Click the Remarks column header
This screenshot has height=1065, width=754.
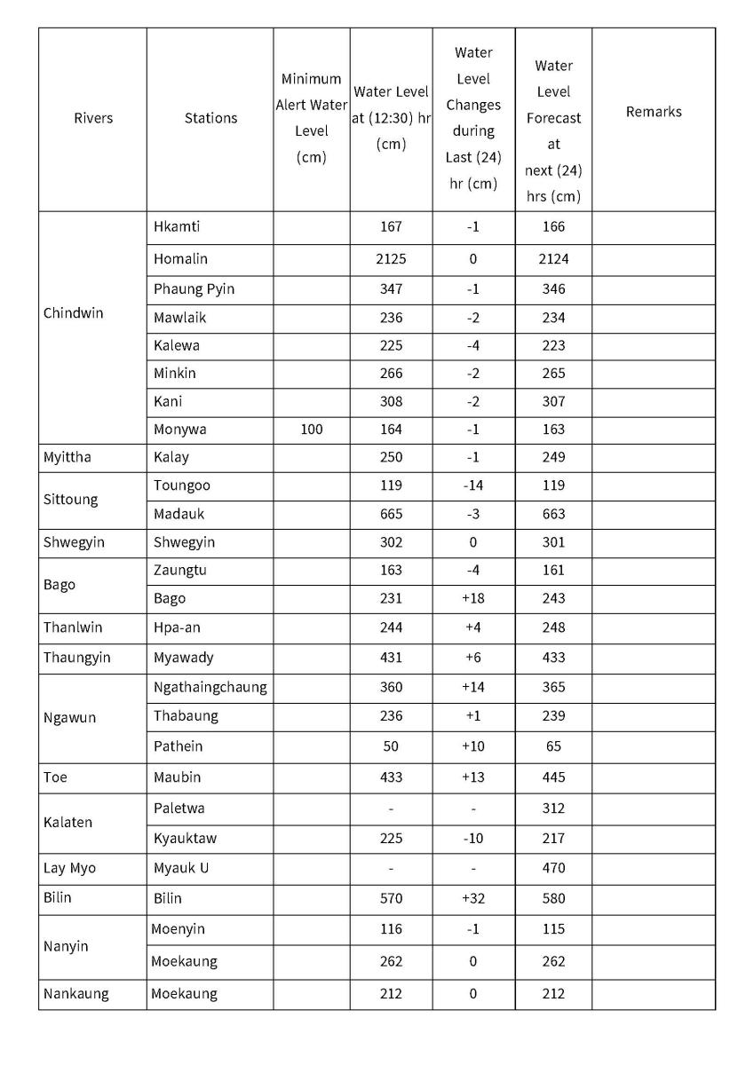[654, 112]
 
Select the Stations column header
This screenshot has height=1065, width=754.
[210, 118]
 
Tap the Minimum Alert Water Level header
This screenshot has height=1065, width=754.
[312, 118]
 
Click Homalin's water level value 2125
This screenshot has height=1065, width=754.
[391, 259]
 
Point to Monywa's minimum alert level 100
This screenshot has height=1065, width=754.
[312, 430]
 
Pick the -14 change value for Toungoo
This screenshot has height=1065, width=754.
[472, 485]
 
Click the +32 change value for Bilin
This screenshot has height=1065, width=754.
[472, 898]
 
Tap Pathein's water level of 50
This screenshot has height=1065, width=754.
[391, 746]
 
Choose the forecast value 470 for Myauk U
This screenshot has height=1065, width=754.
[553, 868]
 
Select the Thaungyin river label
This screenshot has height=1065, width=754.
[77, 658]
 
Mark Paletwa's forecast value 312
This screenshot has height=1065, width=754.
[553, 809]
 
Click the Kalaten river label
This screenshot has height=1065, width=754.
[67, 823]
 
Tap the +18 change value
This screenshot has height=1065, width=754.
[472, 598]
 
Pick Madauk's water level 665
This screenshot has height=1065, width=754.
[391, 514]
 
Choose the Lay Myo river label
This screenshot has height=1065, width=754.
[70, 868]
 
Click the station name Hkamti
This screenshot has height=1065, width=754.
[177, 226]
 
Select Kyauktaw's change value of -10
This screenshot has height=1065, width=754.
[472, 838]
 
